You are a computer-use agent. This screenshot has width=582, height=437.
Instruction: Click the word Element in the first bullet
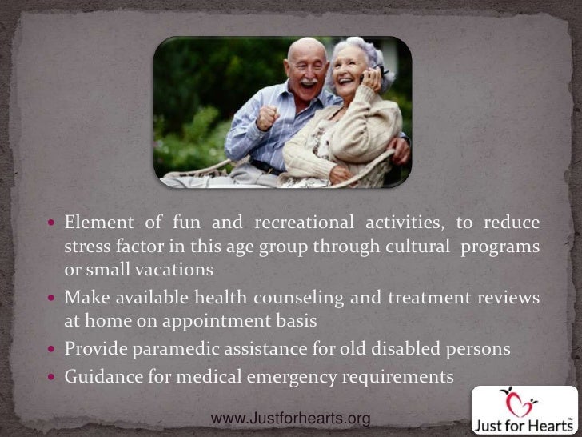click(x=94, y=222)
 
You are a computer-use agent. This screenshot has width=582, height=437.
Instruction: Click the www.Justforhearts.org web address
click(x=289, y=419)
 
